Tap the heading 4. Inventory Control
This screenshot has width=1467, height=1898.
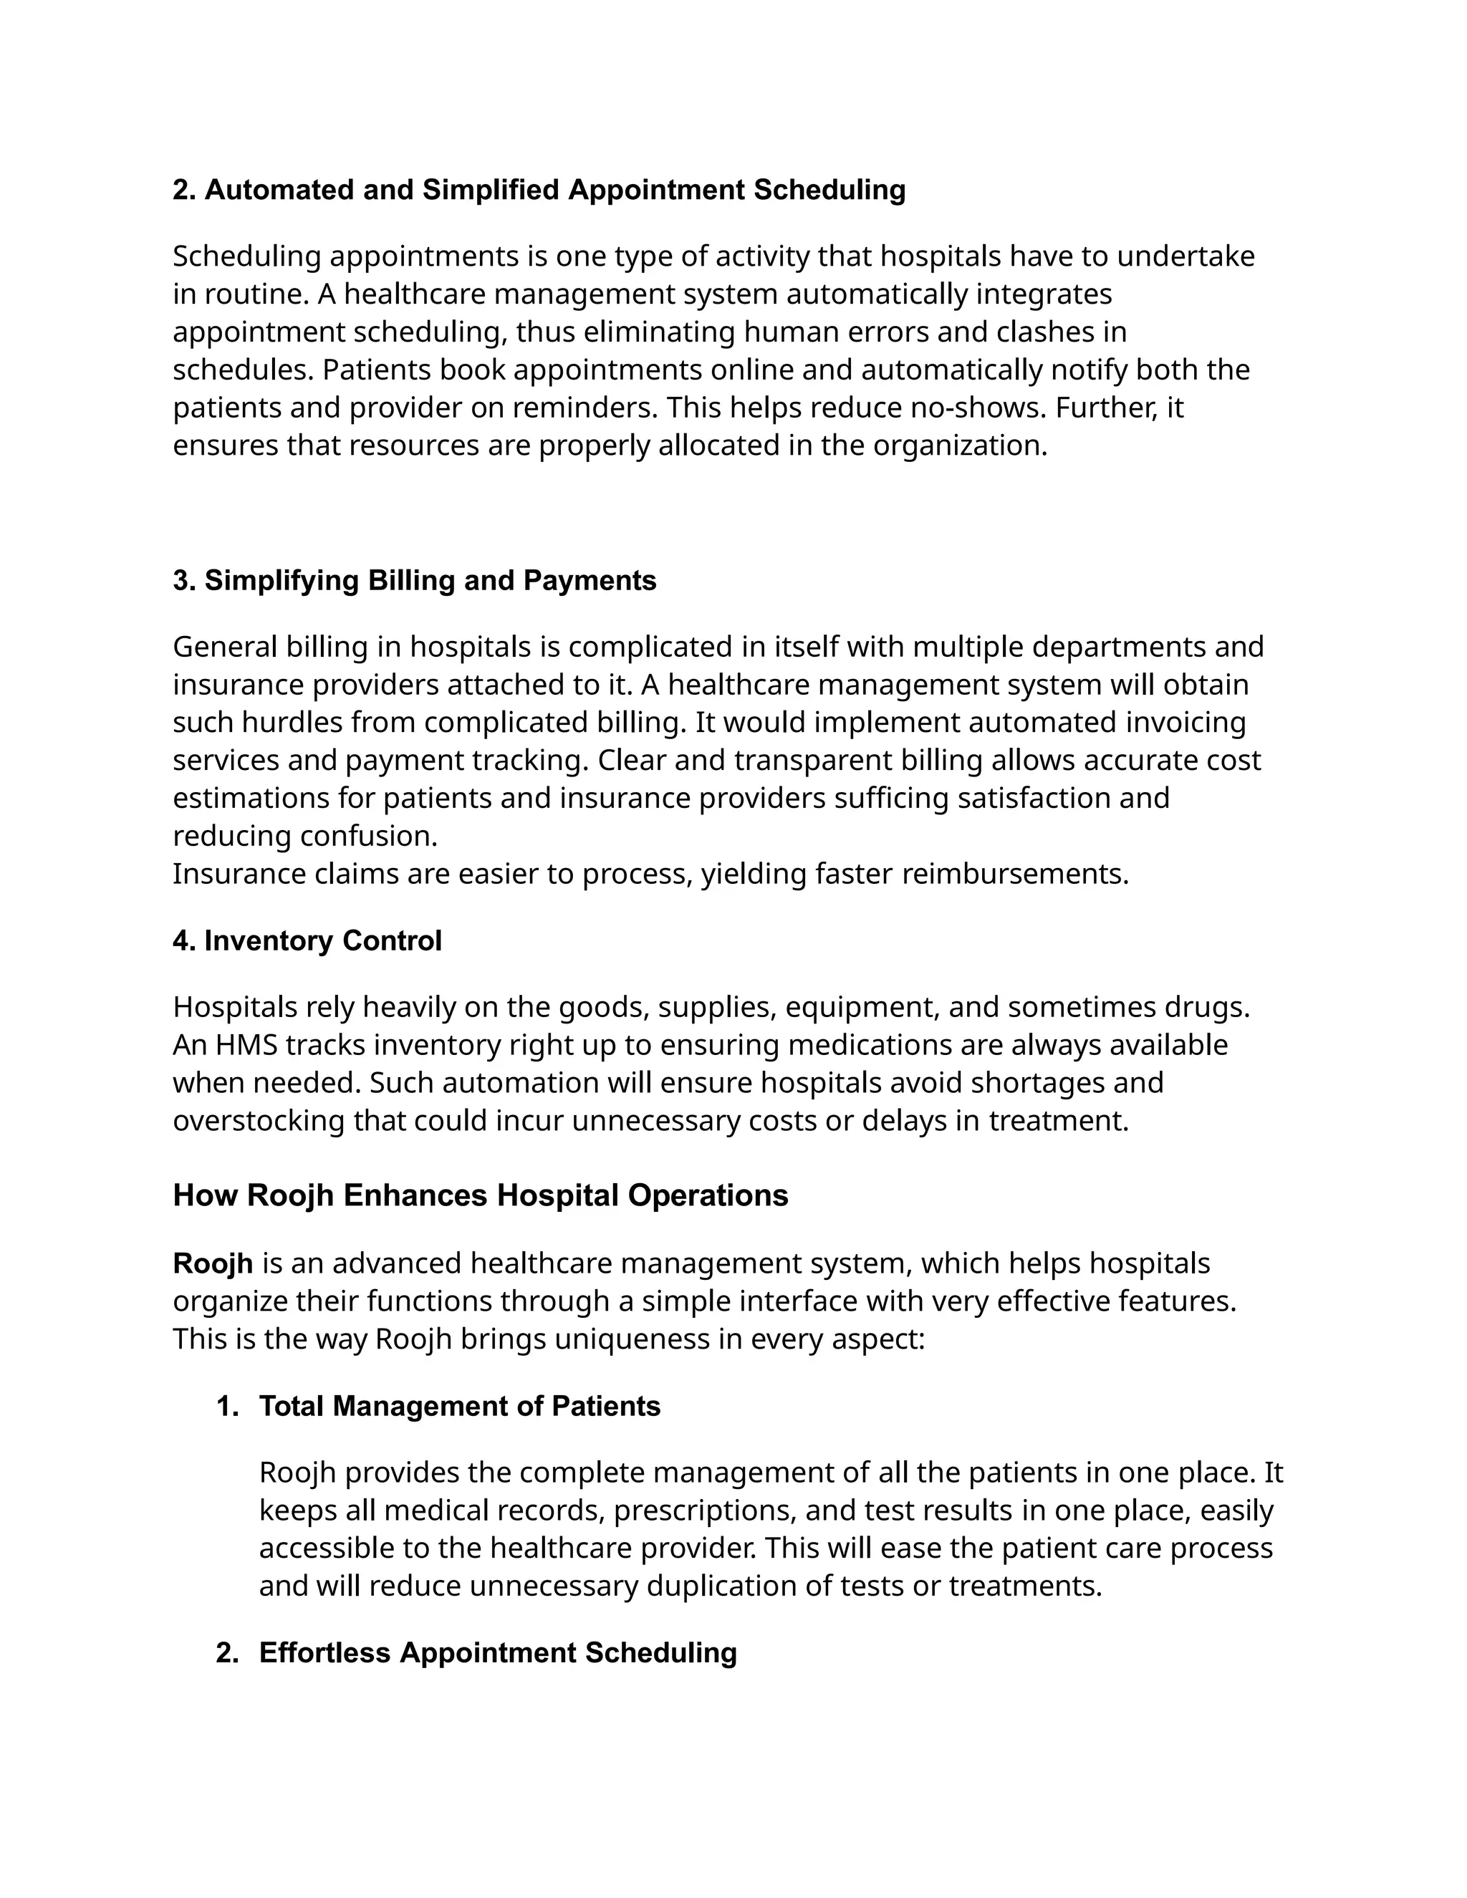pyautogui.click(x=307, y=941)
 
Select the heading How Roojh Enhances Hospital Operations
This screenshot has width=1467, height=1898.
pyautogui.click(x=480, y=1196)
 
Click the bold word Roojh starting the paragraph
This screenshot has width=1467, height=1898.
pyautogui.click(x=212, y=1263)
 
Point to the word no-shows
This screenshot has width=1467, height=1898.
pyautogui.click(x=971, y=408)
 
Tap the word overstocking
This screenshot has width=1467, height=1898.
pyautogui.click(x=258, y=1121)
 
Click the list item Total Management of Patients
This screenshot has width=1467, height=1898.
pyautogui.click(x=459, y=1406)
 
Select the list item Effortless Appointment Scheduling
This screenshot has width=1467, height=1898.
pyautogui.click(x=497, y=1653)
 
